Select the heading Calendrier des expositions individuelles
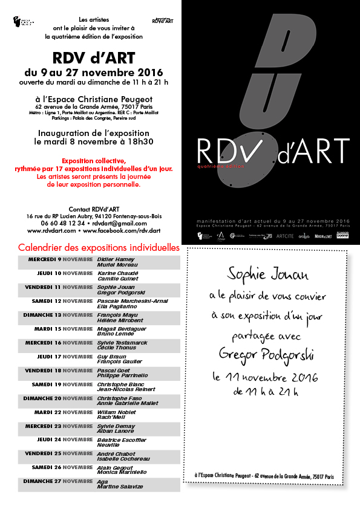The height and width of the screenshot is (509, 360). point(99,248)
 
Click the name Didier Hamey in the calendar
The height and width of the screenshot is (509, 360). point(116,259)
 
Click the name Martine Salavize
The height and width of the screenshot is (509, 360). point(120,487)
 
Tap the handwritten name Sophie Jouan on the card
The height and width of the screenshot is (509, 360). point(267,275)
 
